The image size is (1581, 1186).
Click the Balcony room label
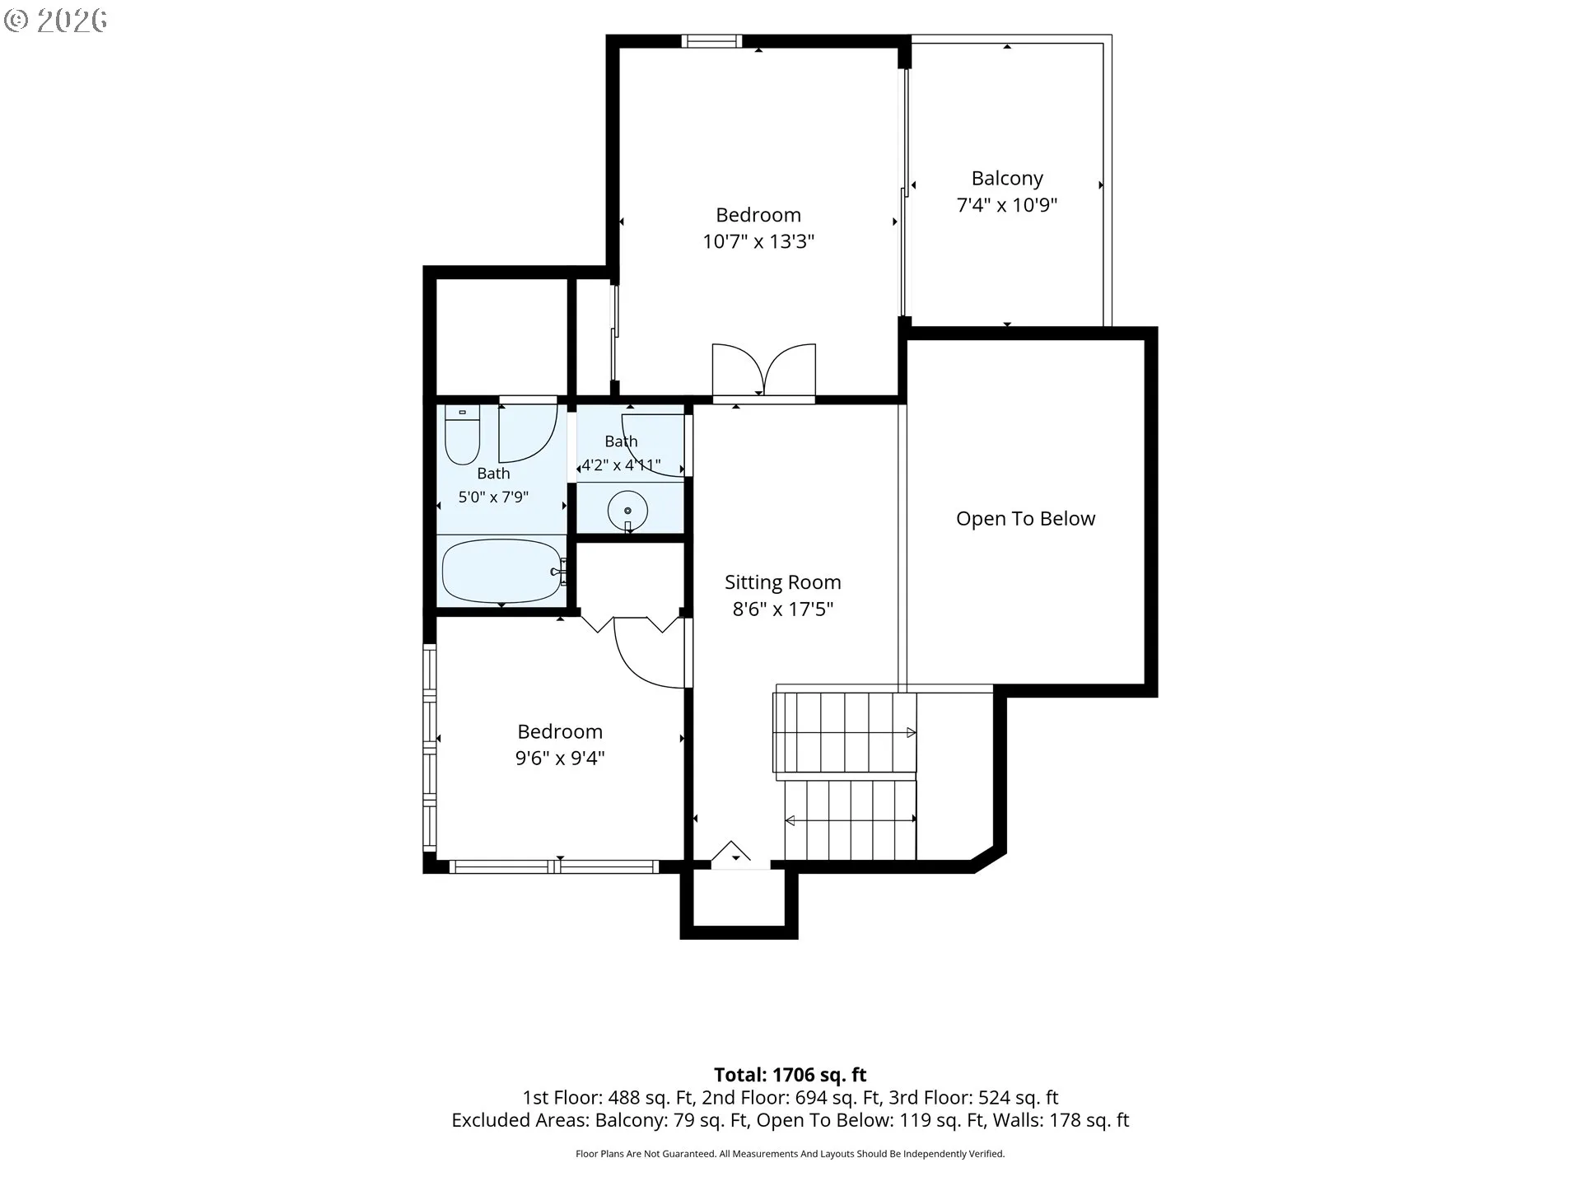pyautogui.click(x=1006, y=179)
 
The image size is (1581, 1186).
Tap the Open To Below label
pyautogui.click(x=1025, y=519)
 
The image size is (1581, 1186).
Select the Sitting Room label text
pyautogui.click(x=782, y=583)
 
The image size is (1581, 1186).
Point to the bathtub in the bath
pyautogui.click(x=501, y=571)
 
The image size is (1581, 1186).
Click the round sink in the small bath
pyautogui.click(x=627, y=511)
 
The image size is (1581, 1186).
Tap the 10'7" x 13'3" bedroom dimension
pyautogui.click(x=758, y=242)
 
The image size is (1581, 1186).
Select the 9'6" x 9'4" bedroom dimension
pyautogui.click(x=560, y=759)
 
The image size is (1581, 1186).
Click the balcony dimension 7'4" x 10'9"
pyautogui.click(x=1006, y=206)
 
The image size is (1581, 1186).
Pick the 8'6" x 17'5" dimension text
pyautogui.click(x=782, y=609)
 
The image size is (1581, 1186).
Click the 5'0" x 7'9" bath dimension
pyautogui.click(x=493, y=497)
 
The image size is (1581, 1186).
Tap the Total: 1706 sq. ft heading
pyautogui.click(x=790, y=1075)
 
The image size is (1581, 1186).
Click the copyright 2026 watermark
pyautogui.click(x=55, y=21)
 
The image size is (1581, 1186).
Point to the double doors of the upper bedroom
pyautogui.click(x=763, y=371)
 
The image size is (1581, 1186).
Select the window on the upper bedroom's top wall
pyautogui.click(x=711, y=41)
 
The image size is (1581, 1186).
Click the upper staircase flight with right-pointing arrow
pyautogui.click(x=845, y=732)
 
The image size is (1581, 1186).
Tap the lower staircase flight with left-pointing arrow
pyautogui.click(x=850, y=819)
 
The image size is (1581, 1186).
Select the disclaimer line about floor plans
pyautogui.click(x=790, y=1154)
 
